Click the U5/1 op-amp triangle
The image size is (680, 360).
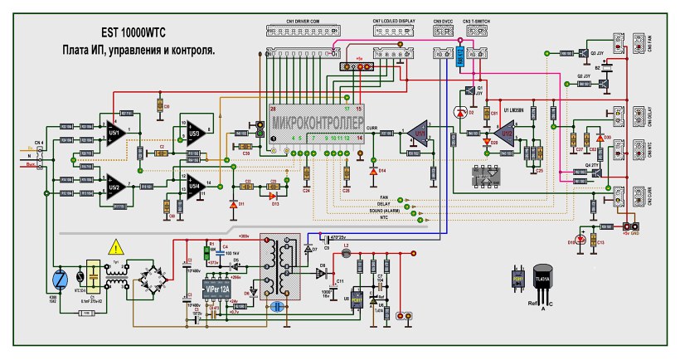114,131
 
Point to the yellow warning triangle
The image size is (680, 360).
117,247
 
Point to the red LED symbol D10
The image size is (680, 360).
581,241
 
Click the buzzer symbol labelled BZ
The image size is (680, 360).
605,84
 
